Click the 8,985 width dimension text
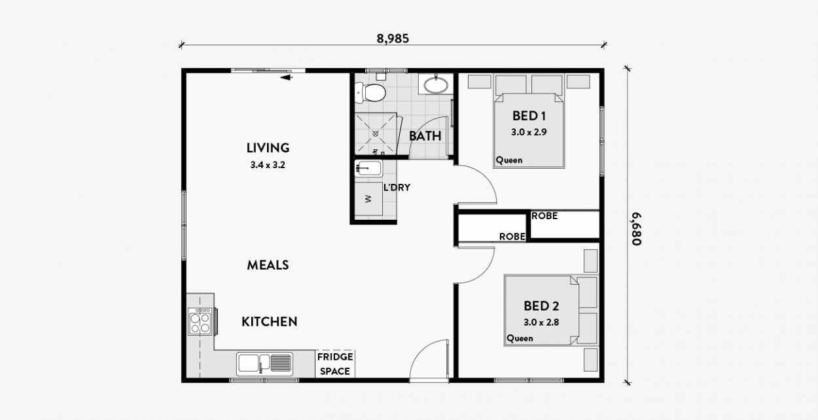(x=393, y=38)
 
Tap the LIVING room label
(x=268, y=148)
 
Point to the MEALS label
(x=268, y=265)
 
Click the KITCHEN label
(x=270, y=322)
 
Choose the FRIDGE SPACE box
(x=335, y=364)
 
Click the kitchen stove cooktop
(x=200, y=321)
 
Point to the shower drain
(x=376, y=133)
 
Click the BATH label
(x=425, y=136)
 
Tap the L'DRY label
(x=397, y=187)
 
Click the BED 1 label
(x=529, y=116)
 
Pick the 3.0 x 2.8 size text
(x=541, y=322)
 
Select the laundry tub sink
(x=368, y=169)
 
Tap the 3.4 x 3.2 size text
(x=268, y=166)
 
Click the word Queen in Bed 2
(x=520, y=338)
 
